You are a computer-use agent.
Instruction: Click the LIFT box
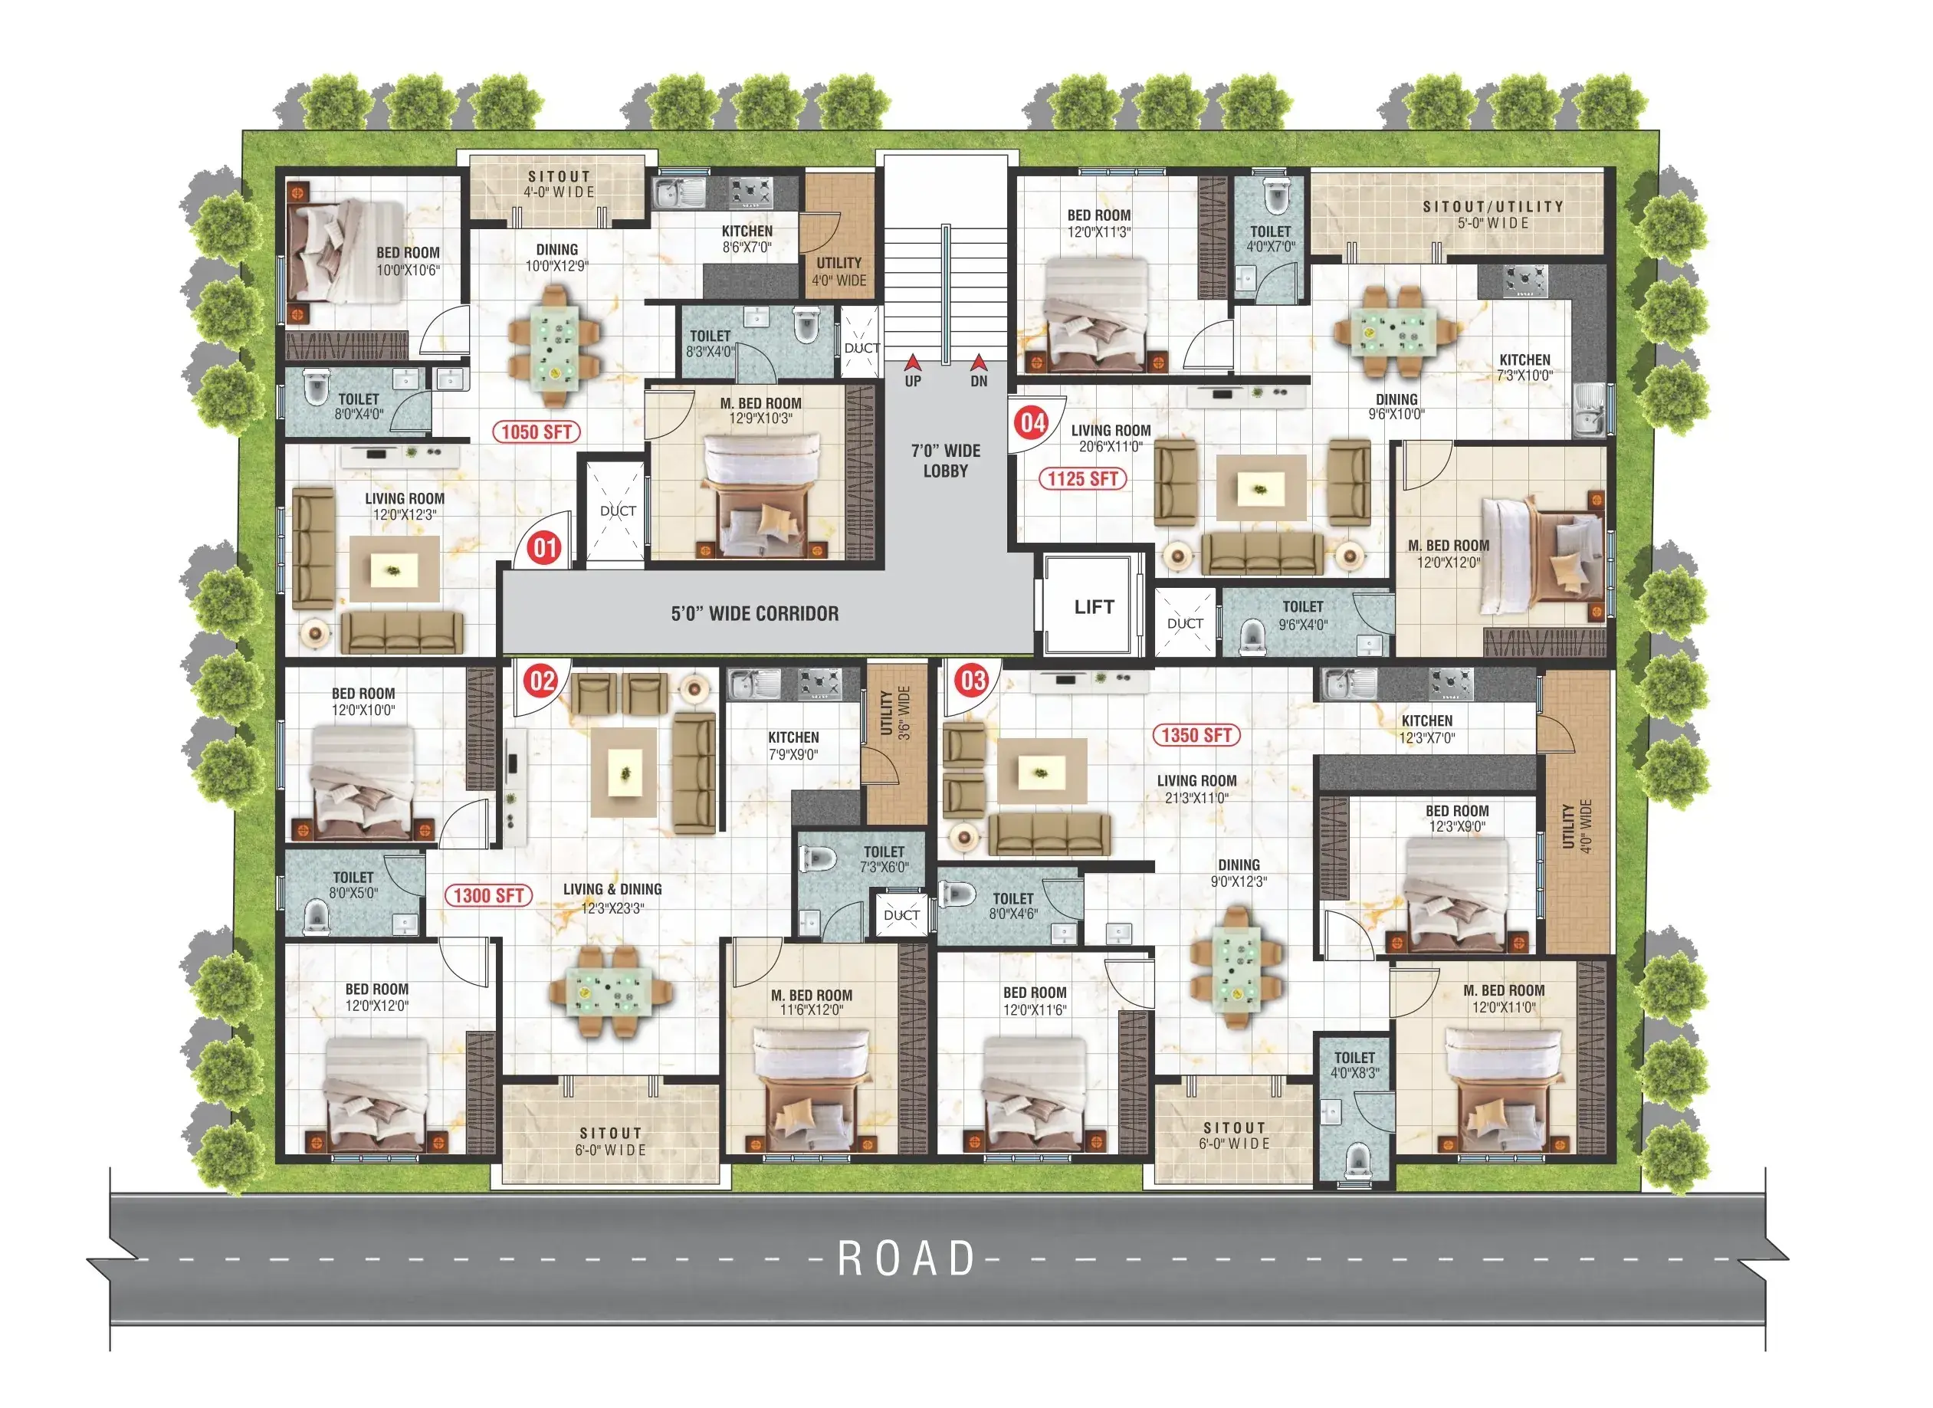[x=1094, y=606]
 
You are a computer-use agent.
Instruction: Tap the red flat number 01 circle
[x=545, y=548]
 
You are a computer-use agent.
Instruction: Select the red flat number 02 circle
[x=542, y=681]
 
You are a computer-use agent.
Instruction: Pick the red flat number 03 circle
[x=973, y=681]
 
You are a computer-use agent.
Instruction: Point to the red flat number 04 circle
[x=1032, y=423]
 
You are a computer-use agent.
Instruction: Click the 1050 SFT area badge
[x=536, y=432]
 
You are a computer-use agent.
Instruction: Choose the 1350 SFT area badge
[x=1196, y=736]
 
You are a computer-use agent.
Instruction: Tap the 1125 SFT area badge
[x=1082, y=479]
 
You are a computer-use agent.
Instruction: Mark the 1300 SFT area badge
[x=488, y=896]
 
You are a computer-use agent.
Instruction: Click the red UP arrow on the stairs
[x=913, y=363]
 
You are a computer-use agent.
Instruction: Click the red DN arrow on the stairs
[x=979, y=363]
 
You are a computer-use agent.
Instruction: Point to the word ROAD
[x=907, y=1259]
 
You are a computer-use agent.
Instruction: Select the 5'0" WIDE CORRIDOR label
[x=754, y=614]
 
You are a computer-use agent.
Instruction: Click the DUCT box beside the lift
[x=1185, y=622]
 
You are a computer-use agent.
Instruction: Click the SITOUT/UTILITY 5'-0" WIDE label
[x=1492, y=215]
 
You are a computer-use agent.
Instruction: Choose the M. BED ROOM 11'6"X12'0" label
[x=812, y=1003]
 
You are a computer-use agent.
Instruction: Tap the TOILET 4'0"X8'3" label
[x=1354, y=1065]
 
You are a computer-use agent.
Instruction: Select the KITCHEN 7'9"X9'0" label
[x=793, y=746]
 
